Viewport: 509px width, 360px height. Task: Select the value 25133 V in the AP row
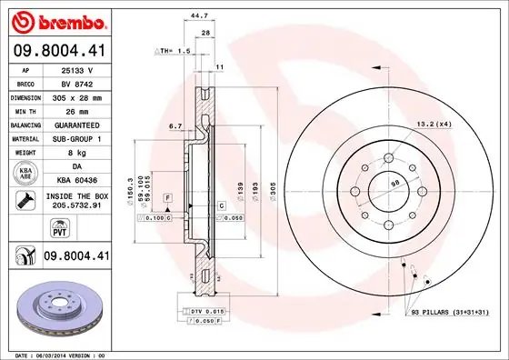point(75,68)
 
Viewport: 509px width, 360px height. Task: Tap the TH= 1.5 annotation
point(170,52)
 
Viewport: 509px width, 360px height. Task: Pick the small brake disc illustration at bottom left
point(59,305)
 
